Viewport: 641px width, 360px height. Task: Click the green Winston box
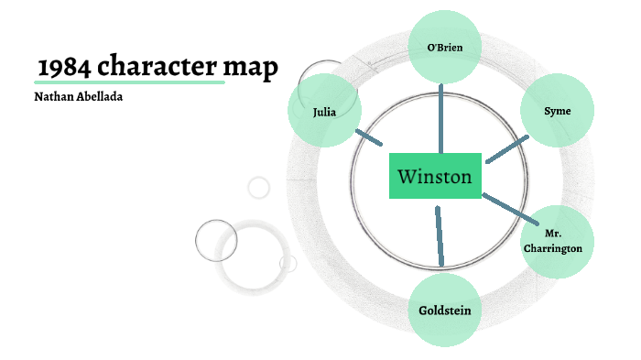pyautogui.click(x=435, y=175)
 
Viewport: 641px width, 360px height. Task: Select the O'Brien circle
pyautogui.click(x=443, y=47)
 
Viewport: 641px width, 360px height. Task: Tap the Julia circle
pyautogui.click(x=323, y=111)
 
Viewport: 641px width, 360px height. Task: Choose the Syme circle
pyautogui.click(x=558, y=111)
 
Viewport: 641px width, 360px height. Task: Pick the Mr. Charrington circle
pyautogui.click(x=552, y=241)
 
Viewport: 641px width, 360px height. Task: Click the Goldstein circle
pyautogui.click(x=444, y=310)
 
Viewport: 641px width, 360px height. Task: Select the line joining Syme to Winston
pyautogui.click(x=506, y=150)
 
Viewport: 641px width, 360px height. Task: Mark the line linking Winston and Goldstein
pyautogui.click(x=440, y=236)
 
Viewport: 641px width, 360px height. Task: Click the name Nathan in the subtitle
pyautogui.click(x=51, y=96)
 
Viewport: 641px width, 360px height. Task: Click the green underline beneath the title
pyautogui.click(x=128, y=82)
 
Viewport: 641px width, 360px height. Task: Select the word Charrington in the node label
pyautogui.click(x=552, y=248)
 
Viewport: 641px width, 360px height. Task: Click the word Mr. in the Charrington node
pyautogui.click(x=552, y=235)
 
